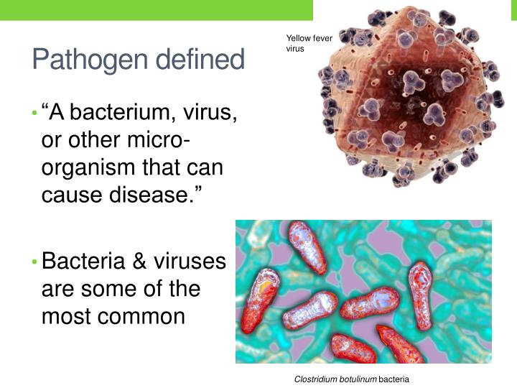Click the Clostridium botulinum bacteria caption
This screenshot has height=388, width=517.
pos(351,378)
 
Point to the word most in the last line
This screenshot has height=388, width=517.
pos(67,315)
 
